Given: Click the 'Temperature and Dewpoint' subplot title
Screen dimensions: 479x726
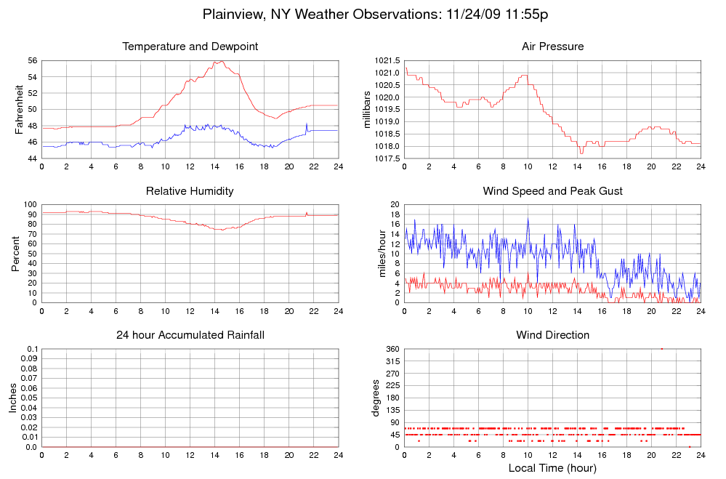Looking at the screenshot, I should (x=190, y=47).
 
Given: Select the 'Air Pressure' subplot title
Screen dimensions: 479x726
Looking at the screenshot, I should (x=552, y=47).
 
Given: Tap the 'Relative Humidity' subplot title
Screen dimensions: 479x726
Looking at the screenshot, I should (x=190, y=191).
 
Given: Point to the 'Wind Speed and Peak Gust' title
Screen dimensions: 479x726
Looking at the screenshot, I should (x=552, y=191).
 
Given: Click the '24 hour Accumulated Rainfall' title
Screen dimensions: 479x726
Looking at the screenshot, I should (x=190, y=335).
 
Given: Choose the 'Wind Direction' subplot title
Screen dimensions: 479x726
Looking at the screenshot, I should (x=552, y=335).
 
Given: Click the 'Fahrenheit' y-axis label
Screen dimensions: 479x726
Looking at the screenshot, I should (x=19, y=110).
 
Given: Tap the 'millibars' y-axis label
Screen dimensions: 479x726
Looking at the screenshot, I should (x=368, y=110).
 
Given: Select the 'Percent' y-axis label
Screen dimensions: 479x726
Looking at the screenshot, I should (x=16, y=254).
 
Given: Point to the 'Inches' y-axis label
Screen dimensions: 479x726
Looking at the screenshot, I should (x=13, y=398).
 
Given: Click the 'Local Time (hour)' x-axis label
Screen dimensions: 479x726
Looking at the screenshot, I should (x=552, y=468).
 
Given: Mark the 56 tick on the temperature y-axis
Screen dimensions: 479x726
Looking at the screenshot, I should (x=32, y=60).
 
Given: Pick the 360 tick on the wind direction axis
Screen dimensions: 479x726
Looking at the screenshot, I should (x=392, y=350).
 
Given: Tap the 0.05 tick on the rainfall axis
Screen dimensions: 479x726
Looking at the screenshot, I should (x=28, y=398).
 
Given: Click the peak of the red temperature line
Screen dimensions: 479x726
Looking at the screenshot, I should (x=217, y=61).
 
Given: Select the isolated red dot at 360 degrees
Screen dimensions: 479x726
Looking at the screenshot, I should (x=661, y=350).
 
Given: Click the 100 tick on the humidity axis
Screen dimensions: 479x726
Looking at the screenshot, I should (x=30, y=205).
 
